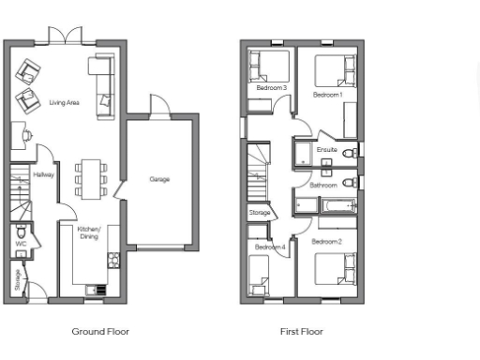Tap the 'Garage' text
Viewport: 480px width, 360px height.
click(159, 179)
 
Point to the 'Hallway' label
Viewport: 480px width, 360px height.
click(44, 174)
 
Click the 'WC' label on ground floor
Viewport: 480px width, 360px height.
click(20, 244)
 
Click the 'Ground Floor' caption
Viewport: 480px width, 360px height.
click(100, 331)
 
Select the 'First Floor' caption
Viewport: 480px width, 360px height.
click(301, 331)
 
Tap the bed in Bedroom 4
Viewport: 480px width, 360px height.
click(260, 275)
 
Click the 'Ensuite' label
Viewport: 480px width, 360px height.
click(326, 150)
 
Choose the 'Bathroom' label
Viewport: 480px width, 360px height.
click(323, 185)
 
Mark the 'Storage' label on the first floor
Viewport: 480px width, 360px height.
click(260, 213)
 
